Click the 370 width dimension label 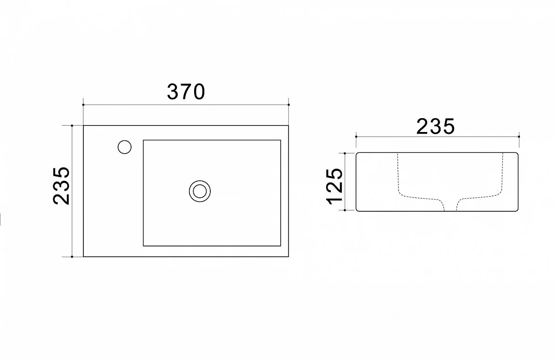tap(186, 92)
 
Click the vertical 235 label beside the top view tap(61, 186)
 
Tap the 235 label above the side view tap(436, 126)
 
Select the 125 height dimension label tap(334, 187)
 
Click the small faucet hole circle tap(125, 147)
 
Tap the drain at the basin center tap(200, 191)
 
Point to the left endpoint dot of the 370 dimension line tap(83, 105)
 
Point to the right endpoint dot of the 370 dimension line tap(289, 105)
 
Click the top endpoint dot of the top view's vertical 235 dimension tap(72, 126)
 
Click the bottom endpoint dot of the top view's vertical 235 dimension tap(72, 257)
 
